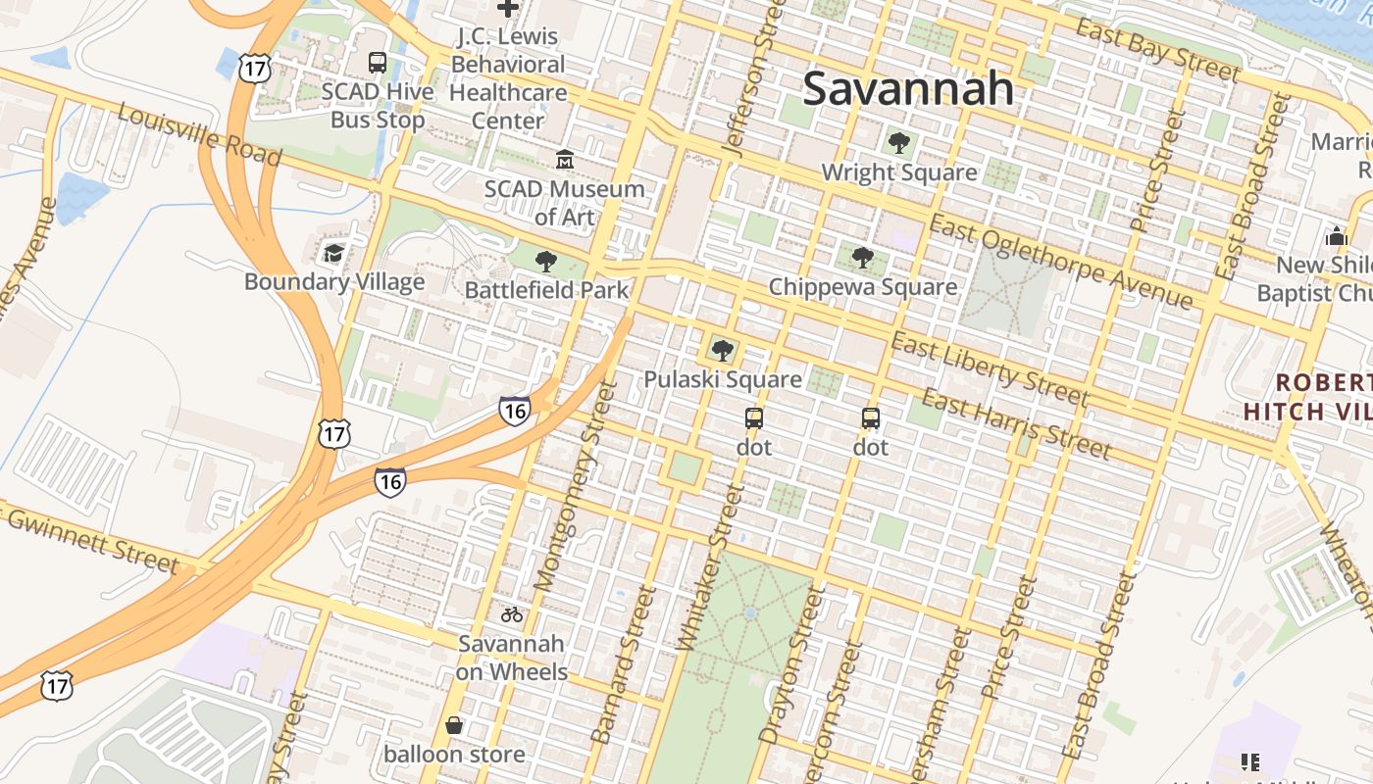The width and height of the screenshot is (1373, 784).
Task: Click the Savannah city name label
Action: pyautogui.click(x=908, y=89)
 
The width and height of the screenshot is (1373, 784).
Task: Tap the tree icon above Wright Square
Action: pyautogui.click(x=898, y=144)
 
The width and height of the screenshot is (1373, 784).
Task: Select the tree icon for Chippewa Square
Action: pyautogui.click(x=862, y=259)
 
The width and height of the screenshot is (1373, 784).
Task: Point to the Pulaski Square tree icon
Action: pyautogui.click(x=723, y=350)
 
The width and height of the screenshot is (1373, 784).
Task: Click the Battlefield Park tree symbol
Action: pyautogui.click(x=546, y=262)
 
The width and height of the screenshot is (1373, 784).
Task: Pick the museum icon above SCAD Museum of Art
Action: pyautogui.click(x=565, y=160)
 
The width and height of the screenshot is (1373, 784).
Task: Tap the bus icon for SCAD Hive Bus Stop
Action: pyautogui.click(x=378, y=63)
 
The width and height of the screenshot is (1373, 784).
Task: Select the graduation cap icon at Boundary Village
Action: pyautogui.click(x=333, y=254)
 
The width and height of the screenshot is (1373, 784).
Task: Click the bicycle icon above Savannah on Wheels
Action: pyautogui.click(x=512, y=615)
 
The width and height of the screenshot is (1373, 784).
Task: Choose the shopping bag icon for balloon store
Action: pyautogui.click(x=454, y=726)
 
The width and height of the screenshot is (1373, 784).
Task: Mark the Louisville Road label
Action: pyautogui.click(x=199, y=135)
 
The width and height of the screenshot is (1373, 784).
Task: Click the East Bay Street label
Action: pyautogui.click(x=1158, y=48)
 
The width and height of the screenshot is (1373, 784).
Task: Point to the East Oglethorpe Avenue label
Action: pyautogui.click(x=1060, y=263)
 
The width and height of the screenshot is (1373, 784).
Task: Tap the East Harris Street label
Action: pyautogui.click(x=1016, y=424)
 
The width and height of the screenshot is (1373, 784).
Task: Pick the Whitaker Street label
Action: pyautogui.click(x=706, y=568)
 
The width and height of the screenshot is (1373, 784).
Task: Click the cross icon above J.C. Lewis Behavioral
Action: pyautogui.click(x=507, y=9)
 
